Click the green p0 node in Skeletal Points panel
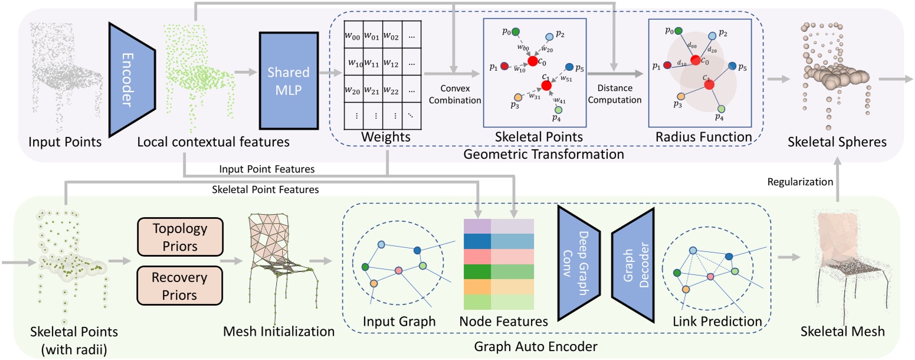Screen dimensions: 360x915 516,31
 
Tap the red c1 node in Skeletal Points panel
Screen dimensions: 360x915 546,86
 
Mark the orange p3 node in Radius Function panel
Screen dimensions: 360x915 680,96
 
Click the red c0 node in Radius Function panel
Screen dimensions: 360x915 696,61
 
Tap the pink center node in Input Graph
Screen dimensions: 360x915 398,269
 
